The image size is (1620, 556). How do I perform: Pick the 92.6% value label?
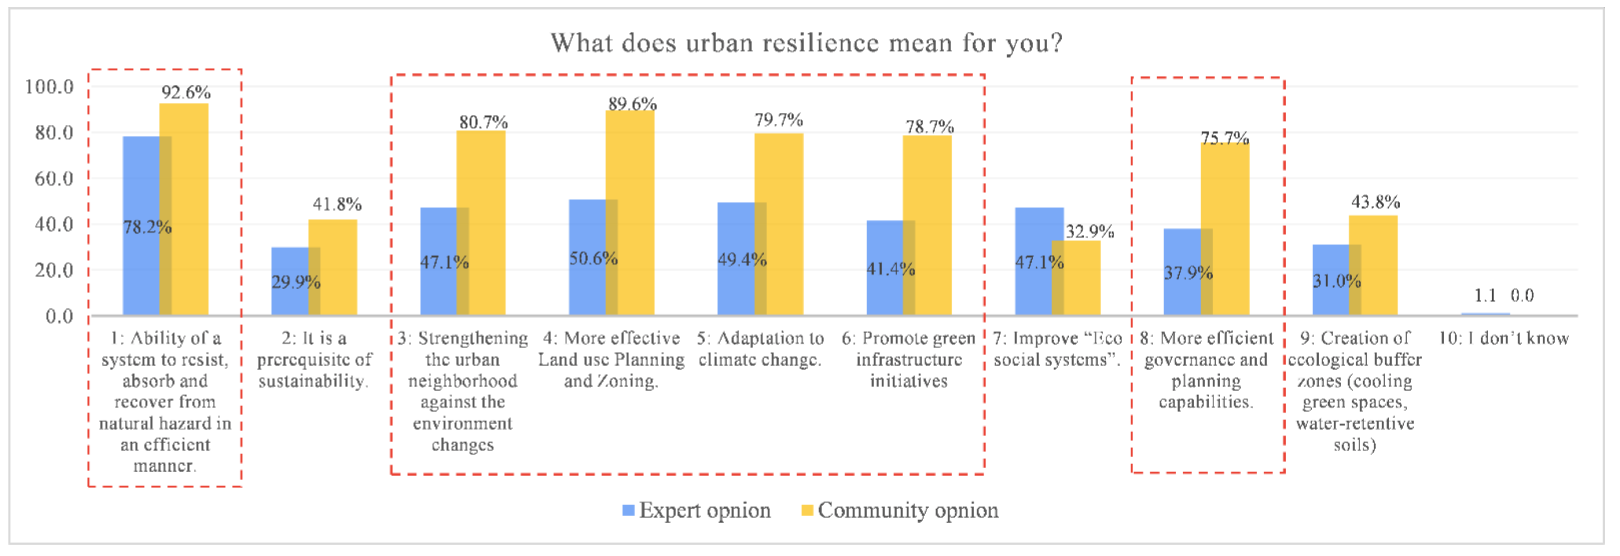(185, 92)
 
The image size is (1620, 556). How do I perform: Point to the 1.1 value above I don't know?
(1485, 295)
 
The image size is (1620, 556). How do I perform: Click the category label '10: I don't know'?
(1503, 339)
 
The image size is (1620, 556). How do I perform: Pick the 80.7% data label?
(483, 122)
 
